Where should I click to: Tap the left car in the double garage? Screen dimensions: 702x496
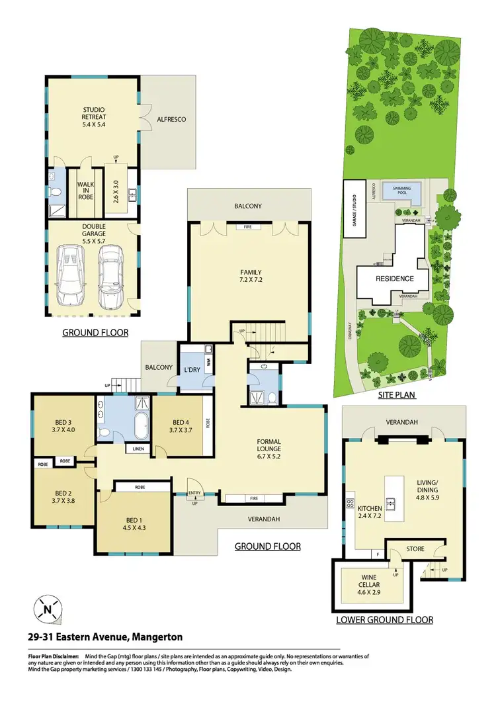coord(69,275)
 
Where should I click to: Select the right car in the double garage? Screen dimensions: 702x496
coord(110,275)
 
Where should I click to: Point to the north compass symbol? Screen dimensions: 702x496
coord(46,609)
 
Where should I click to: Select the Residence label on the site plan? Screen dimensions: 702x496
coord(395,279)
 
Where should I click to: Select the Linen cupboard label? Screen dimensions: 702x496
coord(138,449)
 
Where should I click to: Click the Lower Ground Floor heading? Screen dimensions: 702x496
coord(384,620)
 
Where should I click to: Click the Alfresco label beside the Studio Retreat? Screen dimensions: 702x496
coord(171,120)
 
